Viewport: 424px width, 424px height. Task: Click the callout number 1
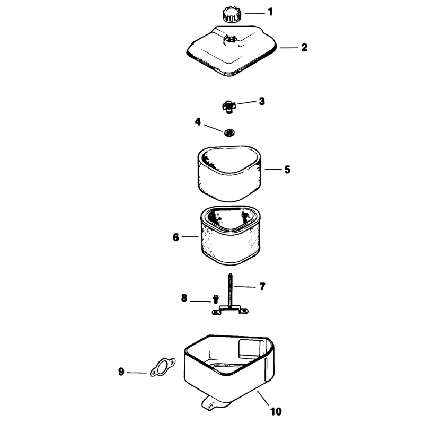270,12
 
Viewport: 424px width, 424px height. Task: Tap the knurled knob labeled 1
232,15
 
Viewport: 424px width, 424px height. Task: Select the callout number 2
304,48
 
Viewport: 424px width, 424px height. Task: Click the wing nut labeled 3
229,107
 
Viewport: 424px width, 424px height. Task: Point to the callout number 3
262,101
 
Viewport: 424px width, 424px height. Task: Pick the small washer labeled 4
229,133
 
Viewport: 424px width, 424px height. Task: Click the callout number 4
198,122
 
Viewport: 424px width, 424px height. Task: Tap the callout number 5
287,170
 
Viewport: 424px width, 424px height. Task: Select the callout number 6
176,237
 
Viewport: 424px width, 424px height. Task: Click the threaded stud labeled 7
230,290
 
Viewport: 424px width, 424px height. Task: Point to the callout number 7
262,287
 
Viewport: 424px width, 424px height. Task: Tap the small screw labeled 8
216,299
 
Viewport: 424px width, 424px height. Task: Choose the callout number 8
184,298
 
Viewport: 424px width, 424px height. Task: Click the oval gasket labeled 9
163,367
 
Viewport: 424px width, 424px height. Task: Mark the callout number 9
121,372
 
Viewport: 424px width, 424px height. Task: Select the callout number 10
276,412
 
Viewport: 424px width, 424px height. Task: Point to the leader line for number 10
263,398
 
